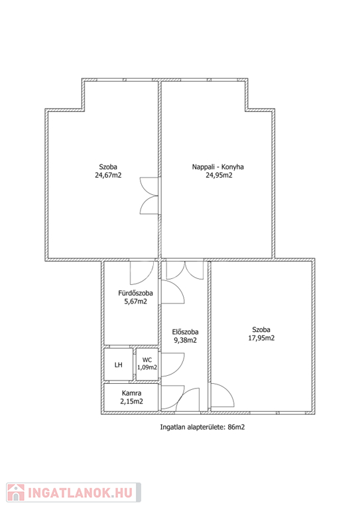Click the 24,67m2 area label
click(108, 175)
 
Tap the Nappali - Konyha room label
click(218, 167)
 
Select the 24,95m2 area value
click(219, 175)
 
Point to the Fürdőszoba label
click(135, 293)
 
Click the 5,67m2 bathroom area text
click(136, 302)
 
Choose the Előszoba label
click(185, 332)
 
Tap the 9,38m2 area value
click(186, 340)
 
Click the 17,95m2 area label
click(261, 338)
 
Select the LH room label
click(119, 365)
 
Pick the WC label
click(147, 360)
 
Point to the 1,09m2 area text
click(147, 367)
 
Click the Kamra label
click(131, 393)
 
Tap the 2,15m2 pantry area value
click(131, 401)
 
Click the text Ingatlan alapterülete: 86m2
click(202, 427)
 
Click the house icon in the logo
click(16, 492)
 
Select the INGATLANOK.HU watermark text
click(80, 493)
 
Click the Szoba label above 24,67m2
click(108, 167)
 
